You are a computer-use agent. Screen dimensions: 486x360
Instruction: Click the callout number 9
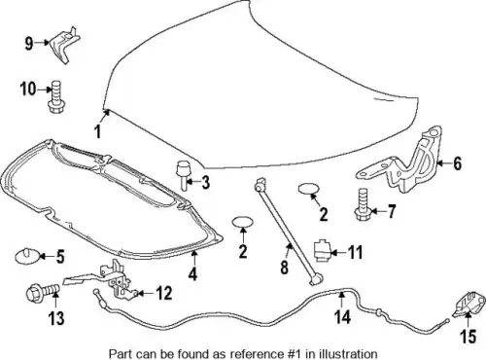pos(29,43)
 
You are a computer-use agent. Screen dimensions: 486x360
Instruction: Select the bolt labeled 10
pos(56,97)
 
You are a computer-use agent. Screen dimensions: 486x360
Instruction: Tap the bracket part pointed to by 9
pos(65,45)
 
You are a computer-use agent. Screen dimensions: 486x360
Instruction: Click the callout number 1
pos(97,131)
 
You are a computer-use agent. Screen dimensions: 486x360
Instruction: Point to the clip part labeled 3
pos(183,174)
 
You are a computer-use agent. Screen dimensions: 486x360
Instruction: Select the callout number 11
pos(355,252)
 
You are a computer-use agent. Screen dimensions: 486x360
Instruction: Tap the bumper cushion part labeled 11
pos(322,251)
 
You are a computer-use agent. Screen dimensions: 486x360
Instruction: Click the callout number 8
pos(284,267)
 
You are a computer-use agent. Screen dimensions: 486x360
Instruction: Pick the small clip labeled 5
pos(27,256)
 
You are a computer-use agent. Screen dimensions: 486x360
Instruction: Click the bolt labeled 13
pos(43,292)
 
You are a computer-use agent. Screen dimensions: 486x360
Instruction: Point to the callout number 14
pos(342,316)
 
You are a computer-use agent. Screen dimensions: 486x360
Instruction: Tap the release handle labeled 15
pos(469,304)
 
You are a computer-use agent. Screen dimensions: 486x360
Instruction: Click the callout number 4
pos(192,274)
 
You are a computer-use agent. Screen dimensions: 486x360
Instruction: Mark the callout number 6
pos(457,163)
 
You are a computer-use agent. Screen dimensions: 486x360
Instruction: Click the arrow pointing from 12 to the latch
pos(145,294)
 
